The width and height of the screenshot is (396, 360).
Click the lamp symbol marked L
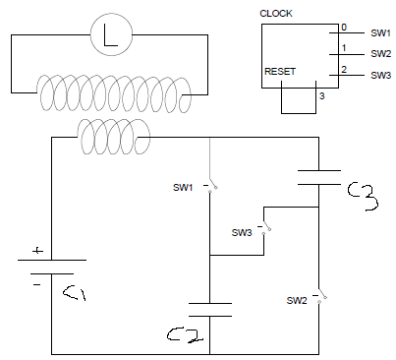pos(111,34)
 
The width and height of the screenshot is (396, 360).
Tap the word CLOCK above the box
pos(276,14)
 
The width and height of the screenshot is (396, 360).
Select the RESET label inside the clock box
pos(280,72)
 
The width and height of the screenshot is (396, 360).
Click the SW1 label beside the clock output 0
pos(380,33)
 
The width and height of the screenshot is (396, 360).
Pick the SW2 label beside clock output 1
pos(380,54)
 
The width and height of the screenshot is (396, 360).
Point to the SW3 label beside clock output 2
pos(380,75)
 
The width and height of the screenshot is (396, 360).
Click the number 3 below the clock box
pos(322,96)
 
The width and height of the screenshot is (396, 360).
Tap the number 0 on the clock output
pos(344,28)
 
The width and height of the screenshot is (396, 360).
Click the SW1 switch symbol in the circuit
pos(211,186)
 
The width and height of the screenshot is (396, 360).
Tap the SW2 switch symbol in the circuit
pos(319,295)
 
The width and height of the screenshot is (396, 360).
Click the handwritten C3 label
pos(363,196)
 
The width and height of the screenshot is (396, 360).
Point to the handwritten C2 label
pos(186,335)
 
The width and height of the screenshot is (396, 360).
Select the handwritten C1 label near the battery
pos(75,293)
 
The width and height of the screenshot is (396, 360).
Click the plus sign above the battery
pos(37,251)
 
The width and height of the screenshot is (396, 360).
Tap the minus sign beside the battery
pos(36,284)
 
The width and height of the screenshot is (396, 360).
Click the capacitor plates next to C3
pos(319,178)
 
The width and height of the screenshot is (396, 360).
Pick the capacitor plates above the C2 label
pos(210,310)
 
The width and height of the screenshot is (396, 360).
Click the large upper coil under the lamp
pos(114,93)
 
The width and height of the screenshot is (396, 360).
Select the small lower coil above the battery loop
pos(113,137)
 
